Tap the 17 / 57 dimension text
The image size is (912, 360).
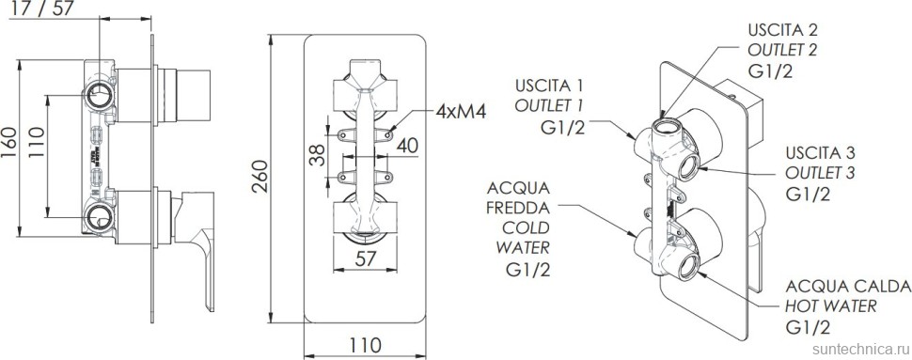pyautogui.click(x=43, y=8)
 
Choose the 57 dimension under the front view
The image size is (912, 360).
pyautogui.click(x=365, y=258)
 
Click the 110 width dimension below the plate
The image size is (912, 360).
pyautogui.click(x=365, y=344)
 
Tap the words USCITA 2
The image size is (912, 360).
pyautogui.click(x=783, y=29)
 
